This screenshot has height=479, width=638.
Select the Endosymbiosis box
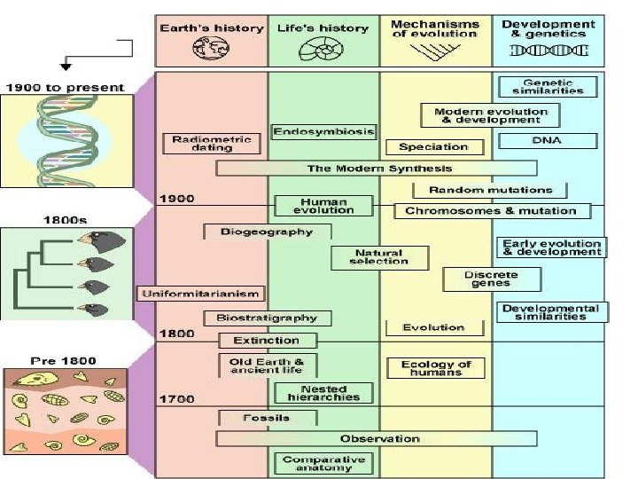click(x=323, y=132)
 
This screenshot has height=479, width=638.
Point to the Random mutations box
click(x=489, y=190)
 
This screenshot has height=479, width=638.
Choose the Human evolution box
click(x=323, y=206)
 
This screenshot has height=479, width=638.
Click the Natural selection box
click(x=379, y=257)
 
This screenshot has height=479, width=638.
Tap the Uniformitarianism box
click(x=199, y=293)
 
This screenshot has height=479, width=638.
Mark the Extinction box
click(x=265, y=340)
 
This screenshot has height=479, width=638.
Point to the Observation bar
click(x=376, y=438)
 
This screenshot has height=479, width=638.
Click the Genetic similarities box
click(x=548, y=86)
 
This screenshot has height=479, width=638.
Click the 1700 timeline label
click(x=175, y=399)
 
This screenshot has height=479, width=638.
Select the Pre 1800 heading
click(x=64, y=360)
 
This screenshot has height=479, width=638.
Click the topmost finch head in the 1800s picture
click(x=89, y=240)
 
